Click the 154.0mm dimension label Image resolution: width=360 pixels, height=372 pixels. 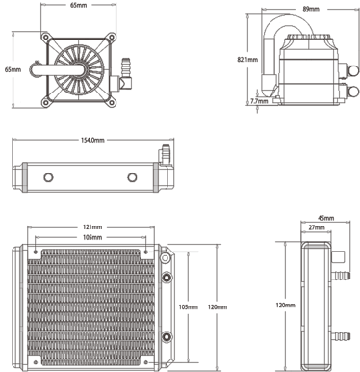92,140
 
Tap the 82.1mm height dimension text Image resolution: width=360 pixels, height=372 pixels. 247,60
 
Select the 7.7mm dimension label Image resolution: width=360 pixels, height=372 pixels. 259,101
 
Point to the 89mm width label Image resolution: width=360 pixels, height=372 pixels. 311,9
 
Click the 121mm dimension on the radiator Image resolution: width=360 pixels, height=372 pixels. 92,227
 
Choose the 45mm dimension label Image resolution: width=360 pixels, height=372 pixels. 325,218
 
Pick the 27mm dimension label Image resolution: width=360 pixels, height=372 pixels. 317,227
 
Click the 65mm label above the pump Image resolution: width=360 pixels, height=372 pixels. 79,6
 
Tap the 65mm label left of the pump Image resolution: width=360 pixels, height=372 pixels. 13,69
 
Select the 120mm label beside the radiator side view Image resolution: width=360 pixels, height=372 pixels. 285,305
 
